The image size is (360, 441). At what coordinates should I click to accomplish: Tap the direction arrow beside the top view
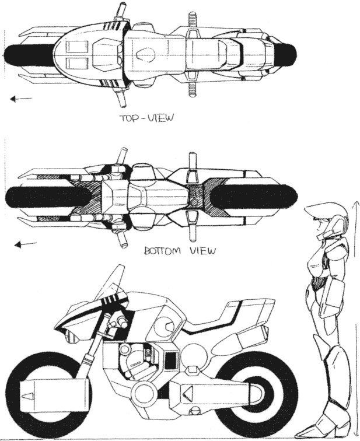click(x=21, y=99)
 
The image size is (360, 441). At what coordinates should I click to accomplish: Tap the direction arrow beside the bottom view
click(x=26, y=244)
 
